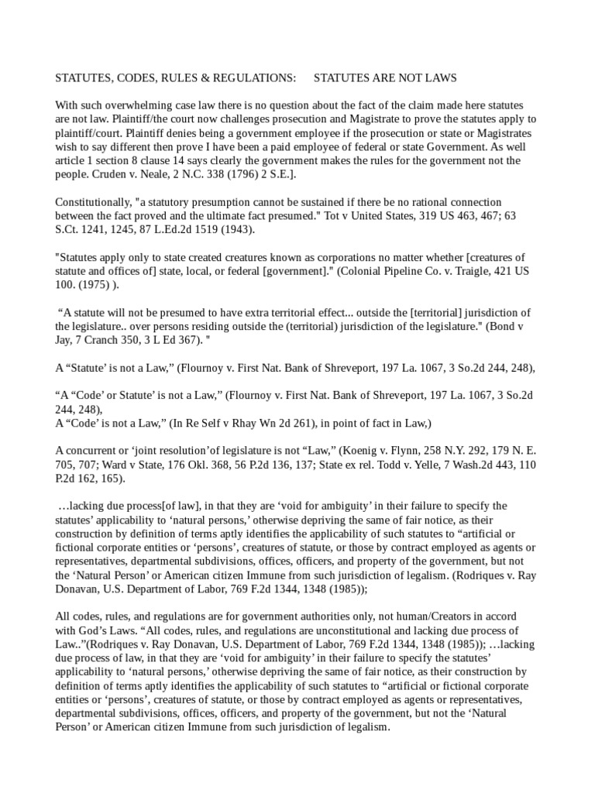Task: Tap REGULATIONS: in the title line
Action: coord(256,78)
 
